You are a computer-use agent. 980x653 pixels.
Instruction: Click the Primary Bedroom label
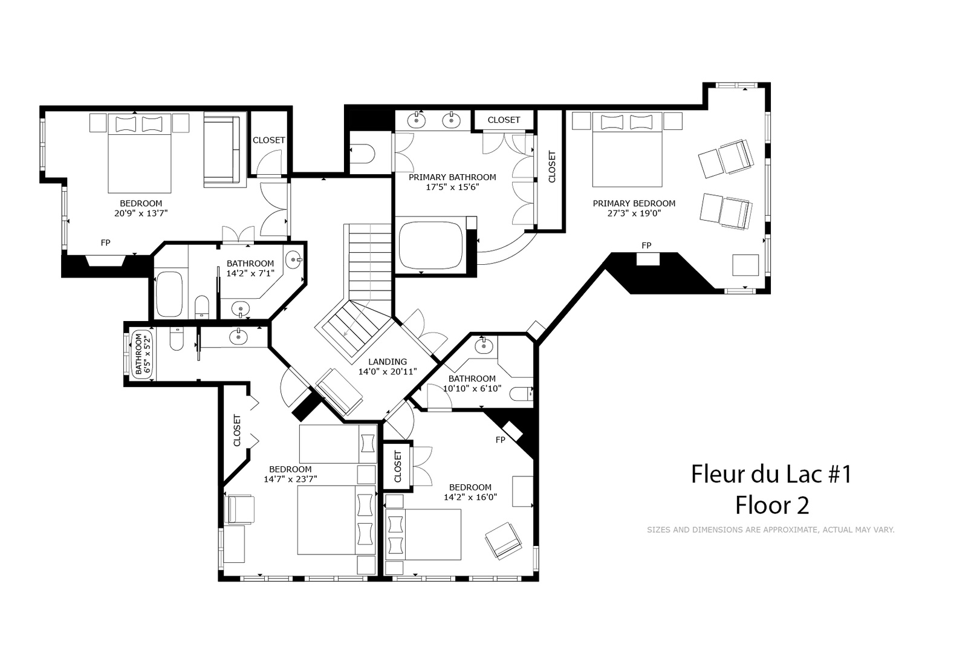(x=634, y=204)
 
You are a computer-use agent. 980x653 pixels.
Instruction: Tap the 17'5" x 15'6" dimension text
(x=452, y=187)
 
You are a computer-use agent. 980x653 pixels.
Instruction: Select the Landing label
(x=388, y=362)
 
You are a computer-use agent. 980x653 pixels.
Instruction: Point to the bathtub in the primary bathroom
(x=431, y=245)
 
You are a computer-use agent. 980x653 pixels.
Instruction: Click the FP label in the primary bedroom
(x=646, y=246)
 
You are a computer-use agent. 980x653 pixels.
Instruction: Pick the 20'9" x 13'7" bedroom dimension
(x=141, y=213)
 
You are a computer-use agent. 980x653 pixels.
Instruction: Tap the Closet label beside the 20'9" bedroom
(x=268, y=140)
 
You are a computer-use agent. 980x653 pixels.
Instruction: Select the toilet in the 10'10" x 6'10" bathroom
(x=522, y=394)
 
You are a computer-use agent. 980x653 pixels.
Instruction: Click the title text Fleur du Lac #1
(x=772, y=474)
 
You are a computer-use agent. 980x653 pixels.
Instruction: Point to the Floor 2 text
(x=772, y=505)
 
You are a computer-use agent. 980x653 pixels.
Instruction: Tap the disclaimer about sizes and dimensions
(x=771, y=530)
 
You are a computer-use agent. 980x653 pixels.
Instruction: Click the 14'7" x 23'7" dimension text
(x=291, y=479)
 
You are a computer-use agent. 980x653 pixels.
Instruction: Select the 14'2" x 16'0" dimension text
(x=470, y=497)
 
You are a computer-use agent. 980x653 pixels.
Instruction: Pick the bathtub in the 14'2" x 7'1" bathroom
(x=169, y=294)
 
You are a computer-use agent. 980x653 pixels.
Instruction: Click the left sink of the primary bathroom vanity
(x=416, y=120)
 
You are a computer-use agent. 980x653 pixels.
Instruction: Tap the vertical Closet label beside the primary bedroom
(x=552, y=167)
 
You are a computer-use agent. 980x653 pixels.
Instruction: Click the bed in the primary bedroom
(x=627, y=150)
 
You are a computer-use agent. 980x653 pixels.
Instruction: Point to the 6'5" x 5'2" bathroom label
(x=143, y=354)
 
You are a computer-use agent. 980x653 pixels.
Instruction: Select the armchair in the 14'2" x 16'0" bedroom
(x=504, y=541)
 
